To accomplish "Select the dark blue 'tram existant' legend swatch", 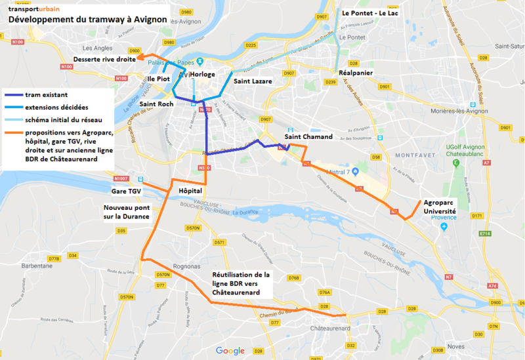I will (x=12, y=94).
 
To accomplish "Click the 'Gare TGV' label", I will (x=126, y=191).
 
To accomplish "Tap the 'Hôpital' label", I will (x=190, y=191).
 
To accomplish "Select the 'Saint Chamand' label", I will (x=308, y=136).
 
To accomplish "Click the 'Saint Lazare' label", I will (x=253, y=81).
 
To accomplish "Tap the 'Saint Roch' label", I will (x=156, y=104).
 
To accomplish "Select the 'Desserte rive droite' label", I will (x=104, y=59).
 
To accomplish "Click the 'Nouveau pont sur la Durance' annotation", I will (x=126, y=211).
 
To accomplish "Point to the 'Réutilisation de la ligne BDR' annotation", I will (x=241, y=283).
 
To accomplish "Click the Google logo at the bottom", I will (x=230, y=351).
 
